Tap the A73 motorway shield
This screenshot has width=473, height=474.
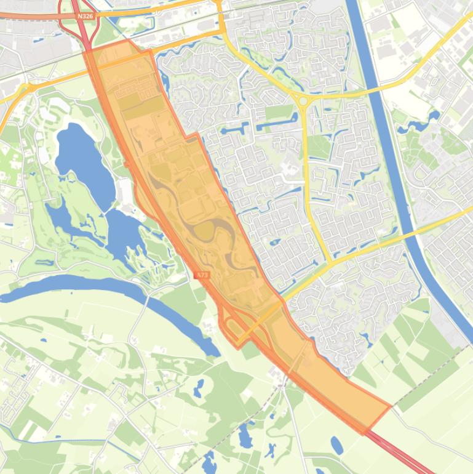pos(202,275)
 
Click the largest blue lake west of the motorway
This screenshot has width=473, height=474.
pos(83,161)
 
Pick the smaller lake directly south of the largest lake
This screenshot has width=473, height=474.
pos(125,231)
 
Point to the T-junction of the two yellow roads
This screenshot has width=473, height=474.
pos(331,264)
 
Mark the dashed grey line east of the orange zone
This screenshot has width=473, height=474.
pos(431,376)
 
